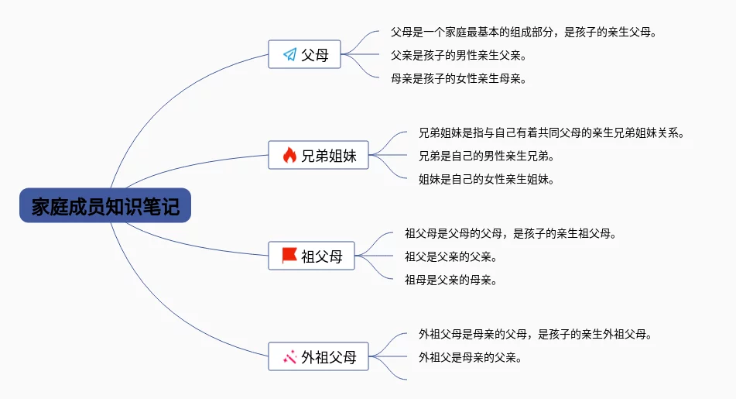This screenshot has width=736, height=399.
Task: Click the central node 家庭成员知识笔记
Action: (105, 205)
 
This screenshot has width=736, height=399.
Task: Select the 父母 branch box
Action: (304, 54)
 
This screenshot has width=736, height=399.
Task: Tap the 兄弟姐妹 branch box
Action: (318, 155)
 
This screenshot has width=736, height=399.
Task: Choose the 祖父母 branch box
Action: (311, 256)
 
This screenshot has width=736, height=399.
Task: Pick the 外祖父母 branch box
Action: (318, 356)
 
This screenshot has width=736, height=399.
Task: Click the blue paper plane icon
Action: (290, 54)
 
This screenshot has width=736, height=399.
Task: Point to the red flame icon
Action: (289, 155)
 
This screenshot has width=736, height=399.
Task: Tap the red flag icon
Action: (289, 256)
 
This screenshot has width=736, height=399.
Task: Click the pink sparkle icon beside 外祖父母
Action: (290, 357)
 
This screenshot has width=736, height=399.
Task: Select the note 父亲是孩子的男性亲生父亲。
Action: (459, 56)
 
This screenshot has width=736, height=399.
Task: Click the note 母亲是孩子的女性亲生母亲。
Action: (459, 78)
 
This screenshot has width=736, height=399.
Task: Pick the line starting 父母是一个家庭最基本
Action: (524, 33)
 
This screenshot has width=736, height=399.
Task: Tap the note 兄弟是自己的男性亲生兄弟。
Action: (486, 156)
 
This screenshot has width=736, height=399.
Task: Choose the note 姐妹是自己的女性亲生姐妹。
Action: (486, 179)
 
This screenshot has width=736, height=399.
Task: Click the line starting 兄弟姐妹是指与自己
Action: (552, 133)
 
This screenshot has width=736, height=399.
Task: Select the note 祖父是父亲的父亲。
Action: (451, 256)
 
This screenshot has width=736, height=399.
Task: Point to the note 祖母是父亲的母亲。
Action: (451, 280)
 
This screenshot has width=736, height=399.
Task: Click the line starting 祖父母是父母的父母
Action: (511, 233)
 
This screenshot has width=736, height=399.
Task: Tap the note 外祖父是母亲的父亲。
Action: (471, 358)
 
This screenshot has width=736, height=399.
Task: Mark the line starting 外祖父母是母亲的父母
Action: (536, 334)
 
